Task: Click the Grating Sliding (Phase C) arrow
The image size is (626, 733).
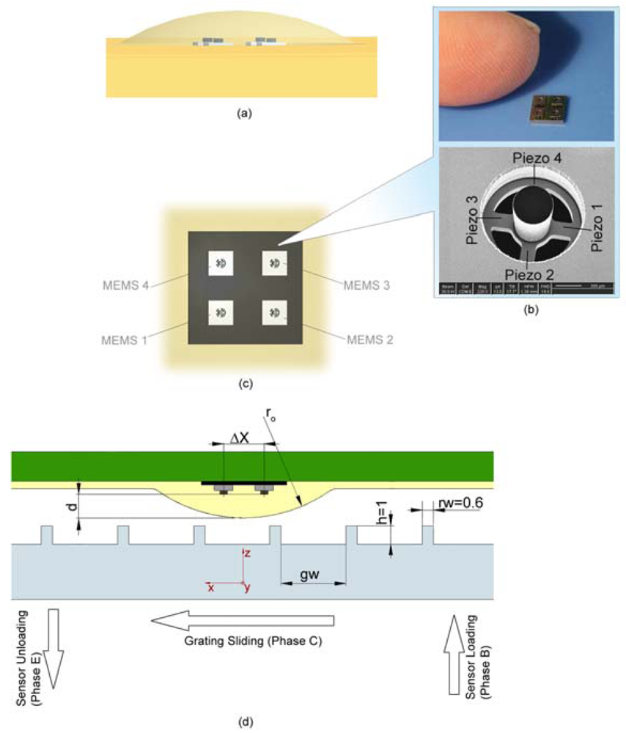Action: click(242, 622)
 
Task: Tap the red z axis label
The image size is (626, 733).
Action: click(248, 555)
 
